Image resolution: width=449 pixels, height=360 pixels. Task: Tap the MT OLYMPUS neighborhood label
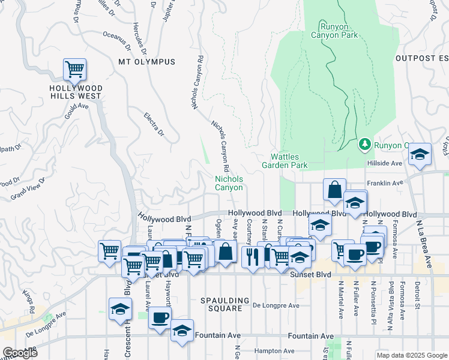pyautogui.click(x=146, y=62)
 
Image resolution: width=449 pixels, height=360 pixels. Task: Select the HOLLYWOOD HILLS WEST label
pyautogui.click(x=76, y=92)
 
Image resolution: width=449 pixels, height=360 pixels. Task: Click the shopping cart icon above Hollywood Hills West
pyautogui.click(x=74, y=70)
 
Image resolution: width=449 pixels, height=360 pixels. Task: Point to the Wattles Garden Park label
pyautogui.click(x=285, y=161)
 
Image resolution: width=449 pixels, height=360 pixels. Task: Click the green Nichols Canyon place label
pyautogui.click(x=229, y=183)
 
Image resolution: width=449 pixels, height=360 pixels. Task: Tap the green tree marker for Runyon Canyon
pyautogui.click(x=364, y=144)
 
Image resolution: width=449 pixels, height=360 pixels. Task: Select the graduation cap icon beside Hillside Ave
pyautogui.click(x=420, y=154)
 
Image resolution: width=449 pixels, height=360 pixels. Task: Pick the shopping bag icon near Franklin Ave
pyautogui.click(x=334, y=190)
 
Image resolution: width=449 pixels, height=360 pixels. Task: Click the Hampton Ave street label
pyautogui.click(x=273, y=351)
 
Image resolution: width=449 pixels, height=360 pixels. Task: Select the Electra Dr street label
pyautogui.click(x=154, y=124)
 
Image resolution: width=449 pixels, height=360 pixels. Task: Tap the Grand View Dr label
pyautogui.click(x=28, y=188)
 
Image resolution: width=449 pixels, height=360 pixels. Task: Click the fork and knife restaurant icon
pyautogui.click(x=252, y=256)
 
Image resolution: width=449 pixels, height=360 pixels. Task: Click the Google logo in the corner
pyautogui.click(x=20, y=353)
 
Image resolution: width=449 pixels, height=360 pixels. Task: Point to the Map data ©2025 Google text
pyautogui.click(x=411, y=355)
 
